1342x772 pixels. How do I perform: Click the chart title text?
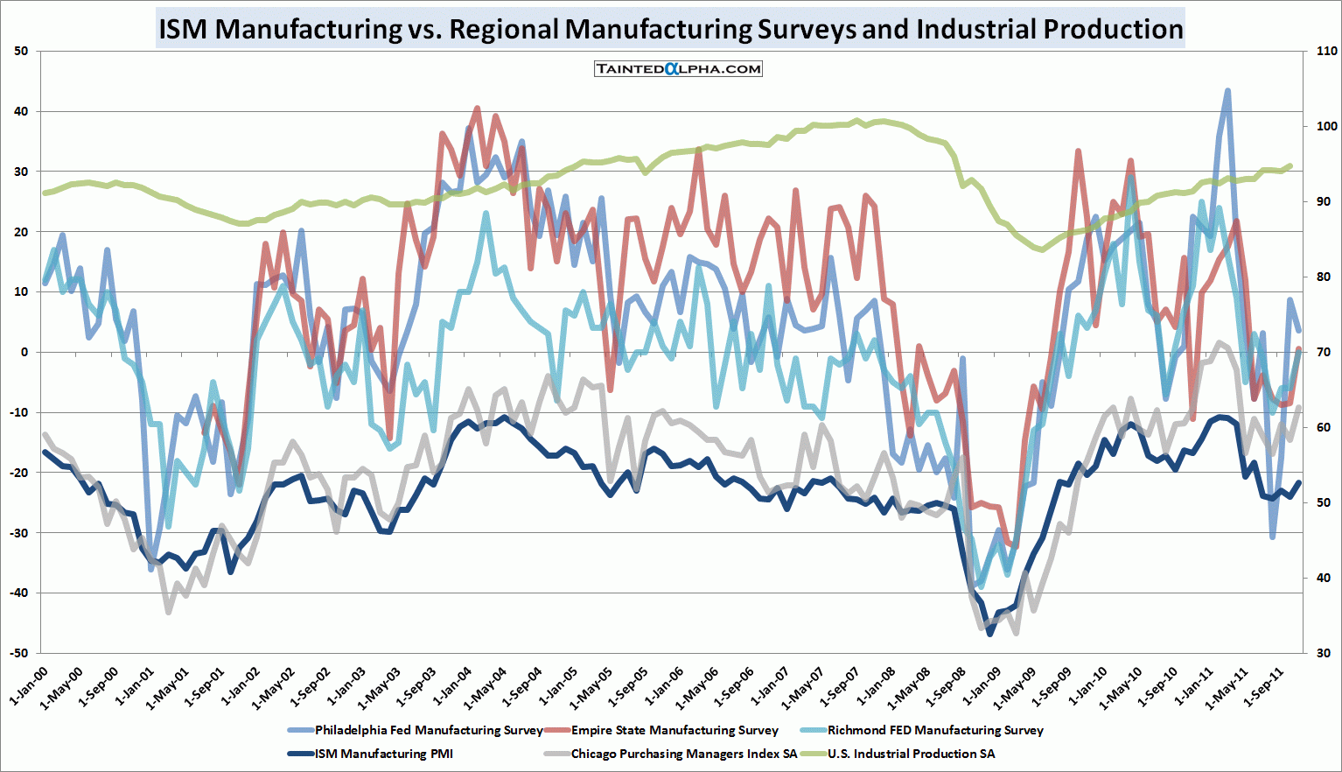pyautogui.click(x=670, y=29)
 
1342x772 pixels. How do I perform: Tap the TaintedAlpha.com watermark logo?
pyautogui.click(x=679, y=68)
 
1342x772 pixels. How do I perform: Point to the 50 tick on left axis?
pyautogui.click(x=21, y=51)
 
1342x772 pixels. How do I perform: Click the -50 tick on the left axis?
pyautogui.click(x=18, y=653)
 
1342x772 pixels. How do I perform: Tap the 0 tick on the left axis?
pyautogui.click(x=24, y=352)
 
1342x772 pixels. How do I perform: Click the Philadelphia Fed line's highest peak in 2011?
pyautogui.click(x=1228, y=90)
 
